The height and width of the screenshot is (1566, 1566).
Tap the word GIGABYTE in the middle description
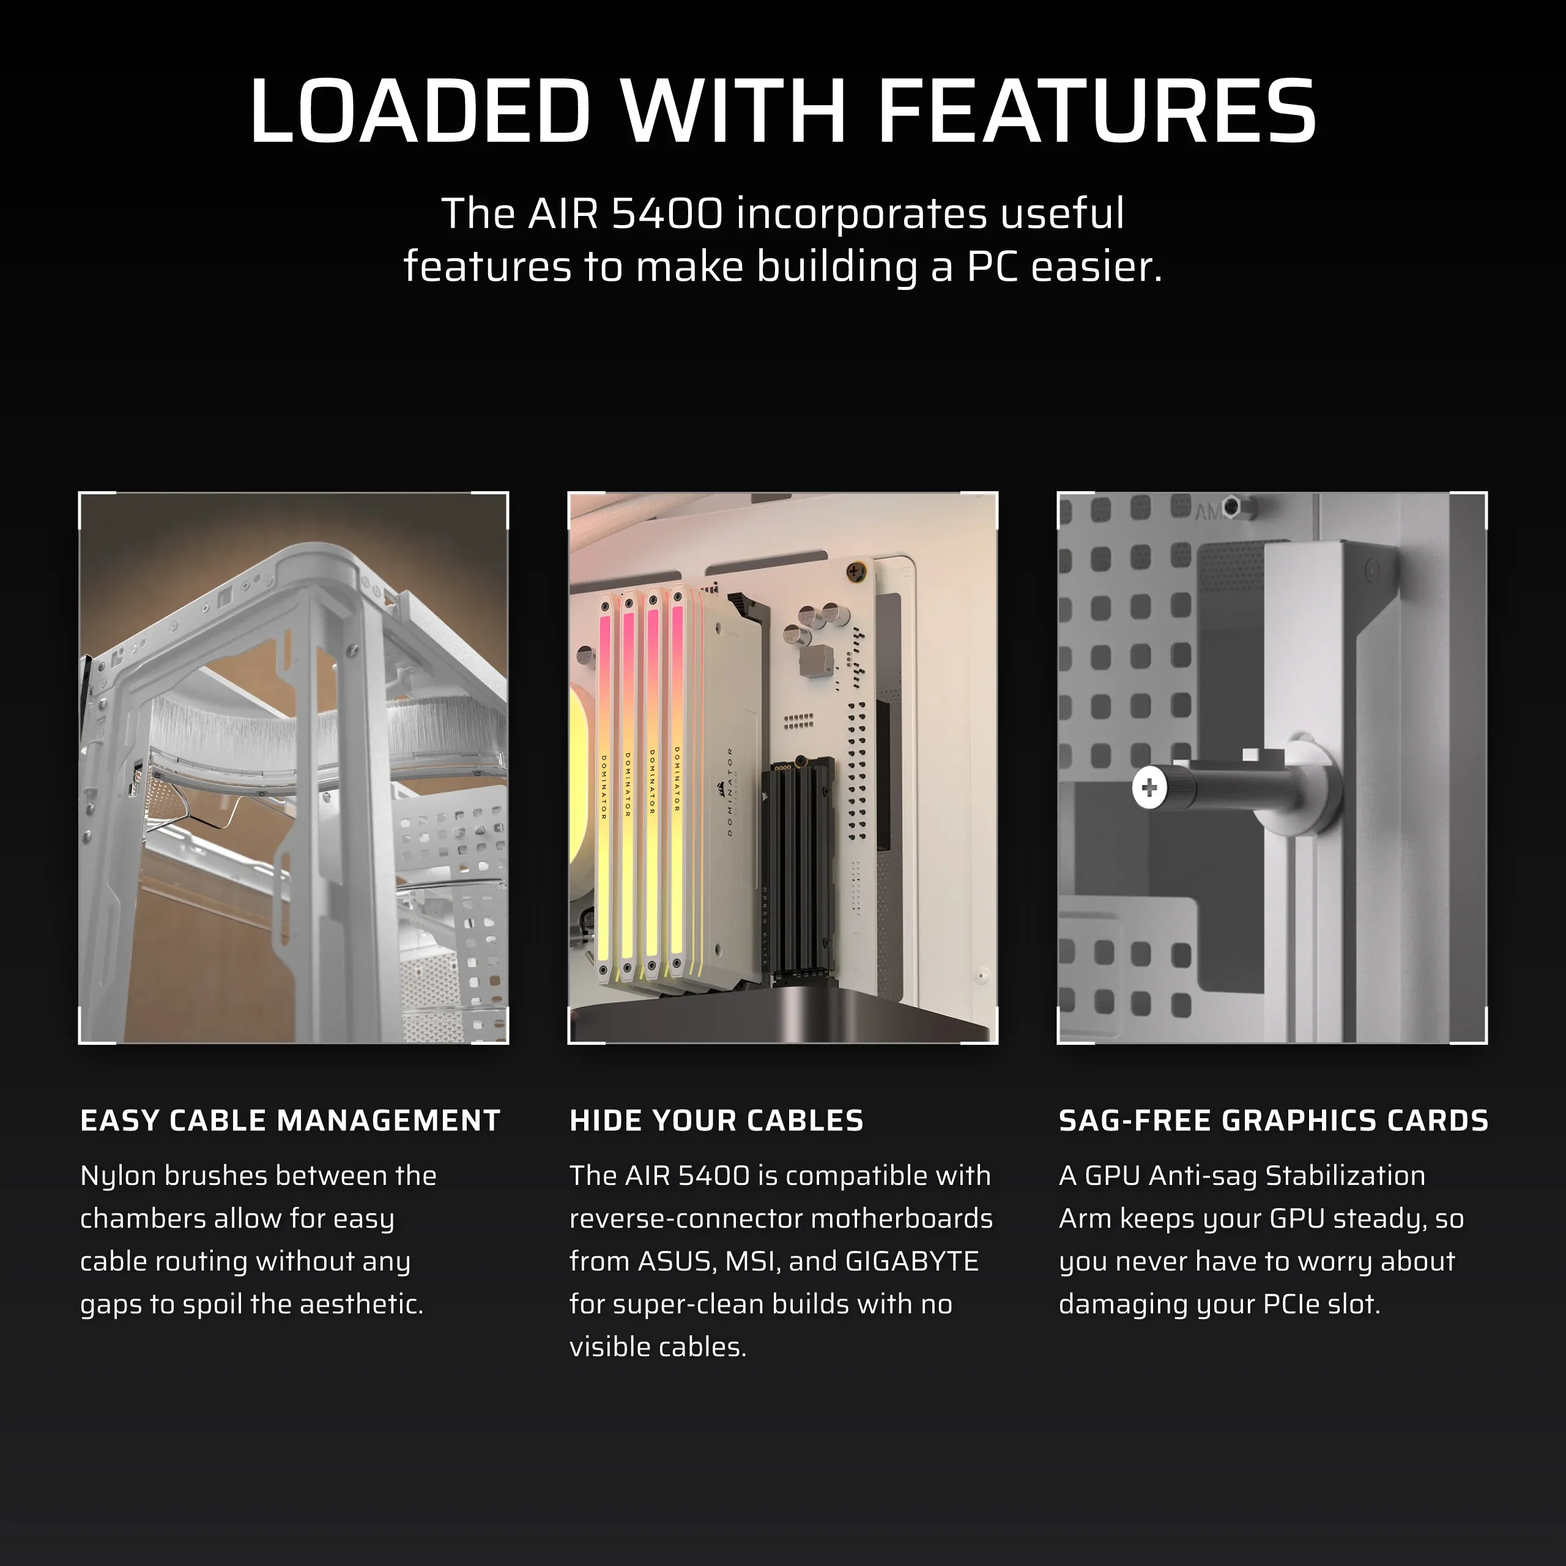(912, 1261)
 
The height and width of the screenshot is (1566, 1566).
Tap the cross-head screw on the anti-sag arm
(1149, 787)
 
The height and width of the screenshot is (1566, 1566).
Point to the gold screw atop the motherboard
(856, 572)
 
